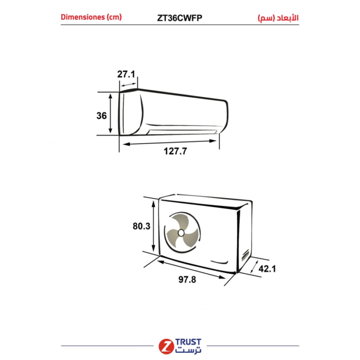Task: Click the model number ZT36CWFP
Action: tap(179, 18)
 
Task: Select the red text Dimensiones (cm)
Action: tap(91, 17)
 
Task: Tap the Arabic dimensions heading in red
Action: tap(278, 18)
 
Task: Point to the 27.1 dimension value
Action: tap(126, 74)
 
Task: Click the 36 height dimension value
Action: tap(101, 116)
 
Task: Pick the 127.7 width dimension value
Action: tap(175, 151)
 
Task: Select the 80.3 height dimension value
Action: tap(141, 226)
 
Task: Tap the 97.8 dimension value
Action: tap(187, 280)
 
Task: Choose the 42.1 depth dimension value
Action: tap(267, 268)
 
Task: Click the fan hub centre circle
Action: tap(181, 233)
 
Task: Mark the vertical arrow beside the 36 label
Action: tap(111, 114)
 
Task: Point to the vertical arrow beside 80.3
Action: tap(154, 226)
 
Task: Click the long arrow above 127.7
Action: tap(170, 142)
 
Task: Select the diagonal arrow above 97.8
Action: tap(191, 269)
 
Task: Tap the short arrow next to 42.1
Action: tap(254, 266)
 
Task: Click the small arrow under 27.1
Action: tap(129, 85)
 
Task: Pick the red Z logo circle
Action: tap(166, 346)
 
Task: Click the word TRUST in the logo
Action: tap(188, 342)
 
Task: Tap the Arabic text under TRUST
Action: tap(188, 350)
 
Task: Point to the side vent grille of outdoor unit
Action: tap(245, 255)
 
